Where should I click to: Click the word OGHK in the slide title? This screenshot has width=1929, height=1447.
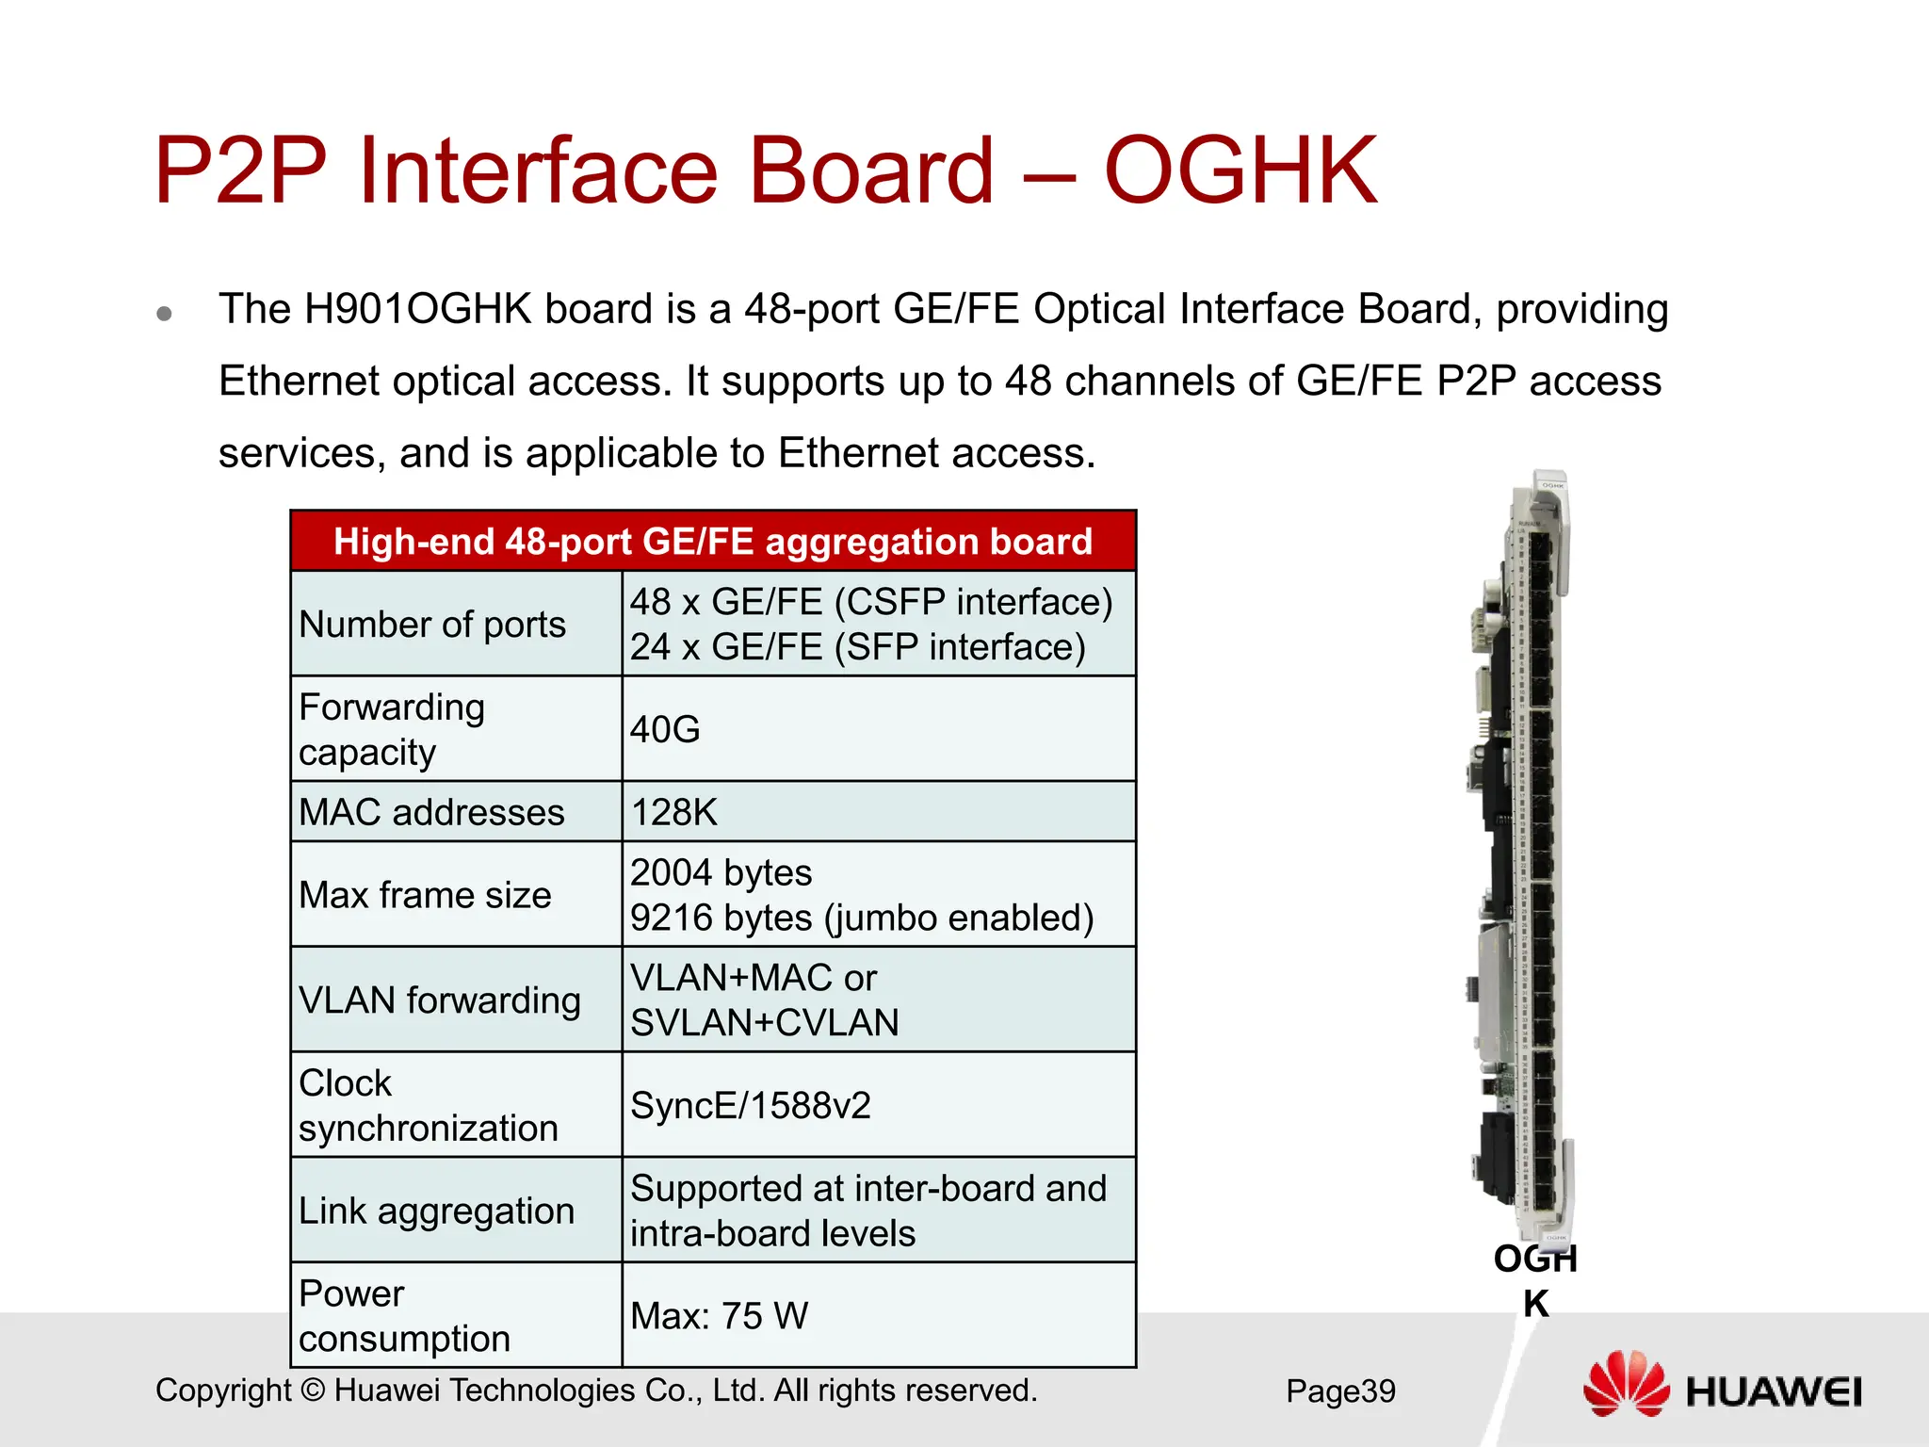click(x=1240, y=171)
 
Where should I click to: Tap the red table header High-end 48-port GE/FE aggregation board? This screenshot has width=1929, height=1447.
click(x=713, y=542)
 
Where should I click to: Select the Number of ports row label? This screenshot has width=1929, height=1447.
click(x=432, y=625)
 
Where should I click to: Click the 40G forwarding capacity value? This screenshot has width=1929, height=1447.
click(x=665, y=729)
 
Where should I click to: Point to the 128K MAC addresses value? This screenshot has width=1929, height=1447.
click(x=673, y=812)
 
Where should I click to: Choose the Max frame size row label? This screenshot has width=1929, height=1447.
click(x=425, y=895)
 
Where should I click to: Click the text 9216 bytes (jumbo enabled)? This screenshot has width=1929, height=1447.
click(x=861, y=918)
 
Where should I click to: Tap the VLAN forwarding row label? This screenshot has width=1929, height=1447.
click(x=439, y=1000)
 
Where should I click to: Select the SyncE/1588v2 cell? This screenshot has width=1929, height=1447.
click(x=750, y=1106)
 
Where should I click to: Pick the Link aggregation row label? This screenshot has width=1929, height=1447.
click(x=436, y=1211)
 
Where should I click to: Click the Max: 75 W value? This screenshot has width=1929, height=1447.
click(x=719, y=1316)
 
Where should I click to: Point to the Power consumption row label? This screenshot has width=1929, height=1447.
click(x=404, y=1316)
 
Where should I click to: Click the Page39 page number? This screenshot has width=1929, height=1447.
click(x=1340, y=1391)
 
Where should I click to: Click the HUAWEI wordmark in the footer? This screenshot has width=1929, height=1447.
click(x=1774, y=1392)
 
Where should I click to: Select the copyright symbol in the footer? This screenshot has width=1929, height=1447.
click(x=313, y=1391)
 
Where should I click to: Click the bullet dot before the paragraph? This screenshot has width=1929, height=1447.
click(x=165, y=313)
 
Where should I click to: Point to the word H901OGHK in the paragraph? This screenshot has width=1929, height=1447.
click(x=417, y=309)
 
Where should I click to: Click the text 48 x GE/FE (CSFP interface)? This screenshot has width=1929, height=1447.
click(x=871, y=602)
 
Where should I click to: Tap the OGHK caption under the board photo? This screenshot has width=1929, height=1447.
click(x=1535, y=1280)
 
